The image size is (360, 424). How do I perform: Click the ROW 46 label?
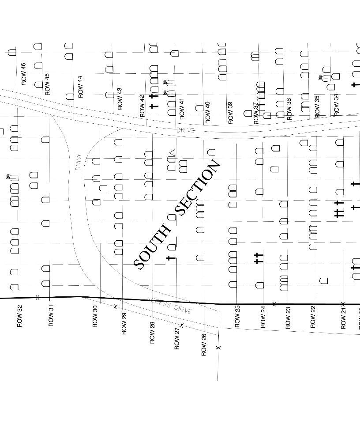pos(24,74)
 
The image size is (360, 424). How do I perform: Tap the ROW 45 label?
pos(47,84)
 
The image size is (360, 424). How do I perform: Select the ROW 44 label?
pos(80,87)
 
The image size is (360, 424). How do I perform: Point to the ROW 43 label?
pos(120,98)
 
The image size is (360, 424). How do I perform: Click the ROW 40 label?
pos(208,113)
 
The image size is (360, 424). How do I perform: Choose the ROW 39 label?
pos(230,113)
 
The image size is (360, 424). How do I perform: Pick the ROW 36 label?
pos(289,109)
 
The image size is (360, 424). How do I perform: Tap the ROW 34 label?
pos(337,105)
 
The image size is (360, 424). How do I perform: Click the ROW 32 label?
pos(19,316)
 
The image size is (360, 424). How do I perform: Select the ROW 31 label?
pos(51,316)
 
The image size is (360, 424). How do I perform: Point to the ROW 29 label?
pos(124,323)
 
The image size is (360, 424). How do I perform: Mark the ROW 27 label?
pos(177,339)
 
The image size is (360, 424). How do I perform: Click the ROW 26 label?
pos(204,345)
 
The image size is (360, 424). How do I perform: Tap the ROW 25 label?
pos(237,317)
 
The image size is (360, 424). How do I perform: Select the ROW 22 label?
pos(313,316)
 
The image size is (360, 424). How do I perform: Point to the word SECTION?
pos(198,188)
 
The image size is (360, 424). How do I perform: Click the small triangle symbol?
pos(172,153)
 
